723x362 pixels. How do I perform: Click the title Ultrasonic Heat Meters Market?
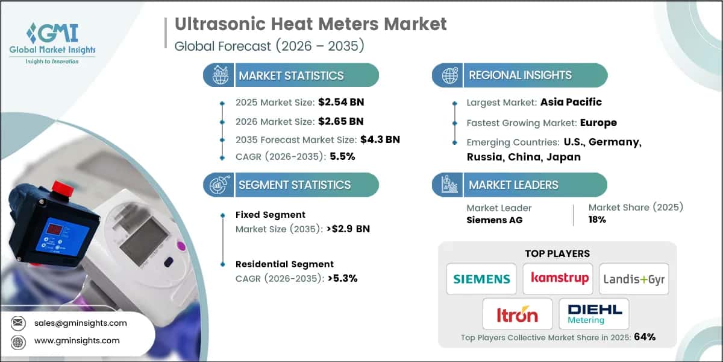[x=311, y=24]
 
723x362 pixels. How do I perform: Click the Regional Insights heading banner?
[x=520, y=75]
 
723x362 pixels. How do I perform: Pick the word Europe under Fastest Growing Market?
[x=598, y=122]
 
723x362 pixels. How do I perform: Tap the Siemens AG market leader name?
[x=495, y=220]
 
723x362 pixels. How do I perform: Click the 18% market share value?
[x=597, y=220]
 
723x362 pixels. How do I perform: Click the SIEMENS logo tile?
[x=481, y=279]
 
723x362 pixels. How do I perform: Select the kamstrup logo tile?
[x=557, y=279]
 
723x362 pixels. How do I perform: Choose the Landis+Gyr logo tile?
[x=634, y=279]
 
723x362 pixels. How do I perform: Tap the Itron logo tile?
[x=518, y=314]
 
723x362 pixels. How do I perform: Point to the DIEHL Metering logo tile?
[x=594, y=314]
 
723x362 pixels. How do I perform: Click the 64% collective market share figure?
[x=644, y=337]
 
